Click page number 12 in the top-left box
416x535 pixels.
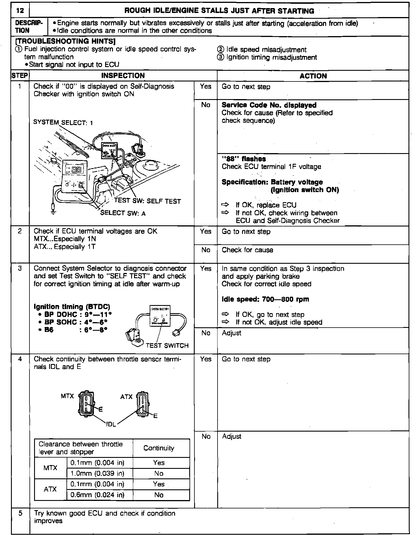click(x=20, y=11)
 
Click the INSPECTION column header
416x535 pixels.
click(x=123, y=76)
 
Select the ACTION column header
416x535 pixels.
click(x=313, y=76)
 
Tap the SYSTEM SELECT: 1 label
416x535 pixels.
click(x=63, y=122)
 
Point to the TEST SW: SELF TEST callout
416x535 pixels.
click(x=147, y=201)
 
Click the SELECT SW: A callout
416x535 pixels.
click(x=123, y=213)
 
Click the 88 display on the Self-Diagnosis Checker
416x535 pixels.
click(x=76, y=170)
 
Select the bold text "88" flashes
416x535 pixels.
click(x=244, y=159)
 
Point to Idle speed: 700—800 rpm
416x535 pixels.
click(x=265, y=299)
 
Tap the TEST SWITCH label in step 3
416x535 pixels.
click(x=167, y=345)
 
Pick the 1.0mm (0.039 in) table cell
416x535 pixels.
click(x=97, y=473)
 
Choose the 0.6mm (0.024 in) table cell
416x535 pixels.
click(x=97, y=495)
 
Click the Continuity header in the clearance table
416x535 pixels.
click(x=159, y=448)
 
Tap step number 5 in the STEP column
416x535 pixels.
click(x=20, y=513)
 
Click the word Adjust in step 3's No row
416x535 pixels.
click(x=231, y=333)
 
